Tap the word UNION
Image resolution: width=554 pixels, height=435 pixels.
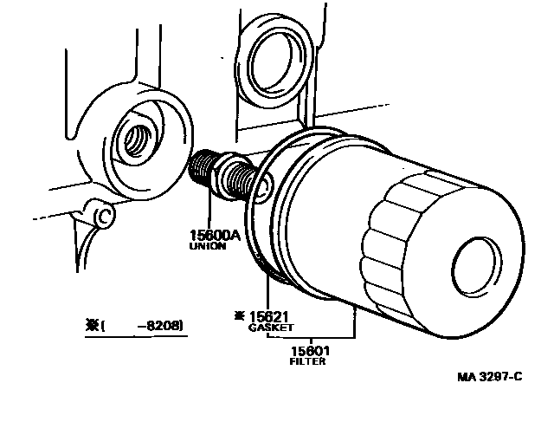207,246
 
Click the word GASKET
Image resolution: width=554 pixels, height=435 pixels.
270,328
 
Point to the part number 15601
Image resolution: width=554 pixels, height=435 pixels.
309,351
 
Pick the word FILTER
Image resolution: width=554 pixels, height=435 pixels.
307,361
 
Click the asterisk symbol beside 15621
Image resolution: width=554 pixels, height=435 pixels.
238,316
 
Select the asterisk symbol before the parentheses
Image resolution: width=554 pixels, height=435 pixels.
90,326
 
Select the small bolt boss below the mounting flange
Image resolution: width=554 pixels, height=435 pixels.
102,214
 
